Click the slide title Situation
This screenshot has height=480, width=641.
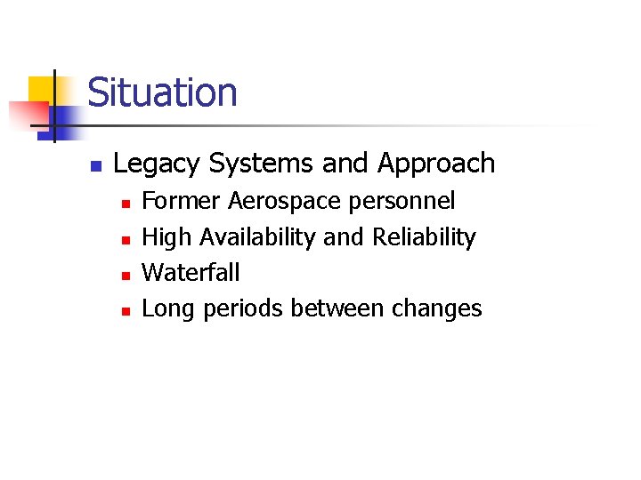(163, 93)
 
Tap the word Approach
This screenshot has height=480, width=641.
(436, 164)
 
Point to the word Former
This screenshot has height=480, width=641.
(182, 202)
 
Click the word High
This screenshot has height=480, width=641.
(167, 238)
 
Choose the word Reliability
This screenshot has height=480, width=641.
(424, 238)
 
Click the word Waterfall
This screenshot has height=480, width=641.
(191, 273)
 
